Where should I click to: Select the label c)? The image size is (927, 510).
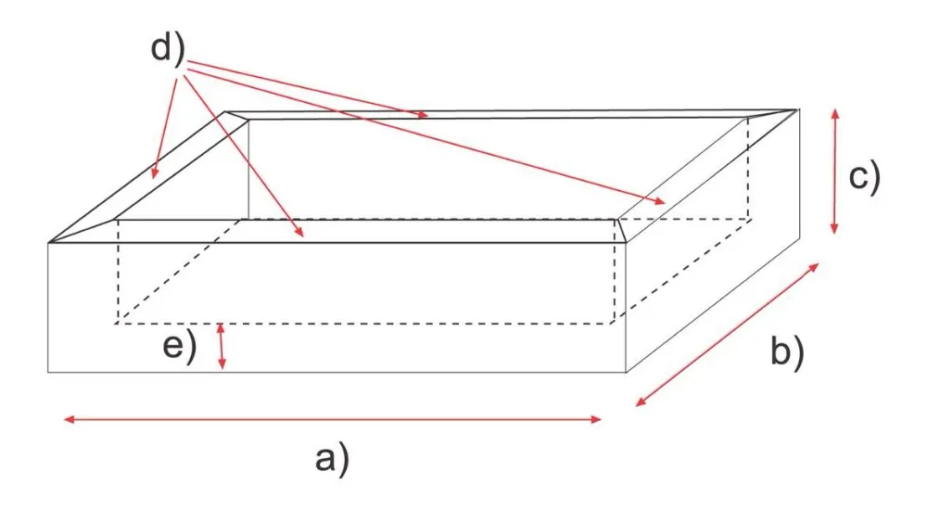point(863,175)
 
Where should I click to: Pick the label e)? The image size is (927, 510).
point(180,347)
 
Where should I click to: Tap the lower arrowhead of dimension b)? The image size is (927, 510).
point(639,404)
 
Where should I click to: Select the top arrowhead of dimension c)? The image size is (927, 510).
point(835,110)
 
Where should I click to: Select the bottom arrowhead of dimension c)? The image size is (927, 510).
point(835,232)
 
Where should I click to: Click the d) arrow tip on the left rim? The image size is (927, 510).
point(155,176)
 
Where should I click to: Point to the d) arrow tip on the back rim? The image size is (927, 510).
point(427,116)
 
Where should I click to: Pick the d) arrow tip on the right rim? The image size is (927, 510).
point(664,202)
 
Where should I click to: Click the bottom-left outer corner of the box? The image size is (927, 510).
point(48,372)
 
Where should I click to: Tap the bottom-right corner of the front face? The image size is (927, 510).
point(627,372)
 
